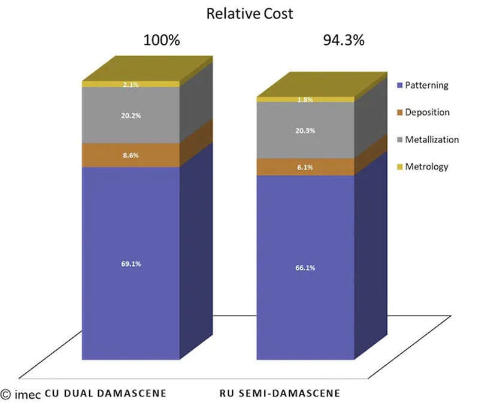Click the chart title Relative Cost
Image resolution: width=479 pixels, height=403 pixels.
(x=250, y=13)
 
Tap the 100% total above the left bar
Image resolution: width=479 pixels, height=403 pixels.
(x=161, y=41)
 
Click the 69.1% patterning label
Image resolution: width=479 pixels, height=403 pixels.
(x=131, y=263)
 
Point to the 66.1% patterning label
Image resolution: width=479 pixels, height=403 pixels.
(x=305, y=268)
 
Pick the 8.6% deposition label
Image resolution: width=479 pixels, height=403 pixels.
(x=131, y=154)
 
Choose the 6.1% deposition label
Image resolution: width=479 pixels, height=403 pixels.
(x=305, y=168)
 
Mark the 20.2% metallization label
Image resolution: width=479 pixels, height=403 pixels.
(x=131, y=116)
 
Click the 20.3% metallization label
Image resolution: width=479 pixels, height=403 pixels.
(x=305, y=131)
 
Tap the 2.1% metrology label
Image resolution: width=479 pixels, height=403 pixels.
(x=131, y=84)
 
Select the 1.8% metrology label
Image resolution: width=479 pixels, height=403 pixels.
(x=305, y=99)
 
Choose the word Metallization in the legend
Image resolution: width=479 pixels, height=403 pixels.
(x=432, y=140)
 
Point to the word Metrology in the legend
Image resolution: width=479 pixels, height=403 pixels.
(x=426, y=166)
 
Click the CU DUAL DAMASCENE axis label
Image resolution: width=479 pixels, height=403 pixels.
(x=105, y=393)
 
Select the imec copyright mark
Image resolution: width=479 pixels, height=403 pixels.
(x=21, y=394)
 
